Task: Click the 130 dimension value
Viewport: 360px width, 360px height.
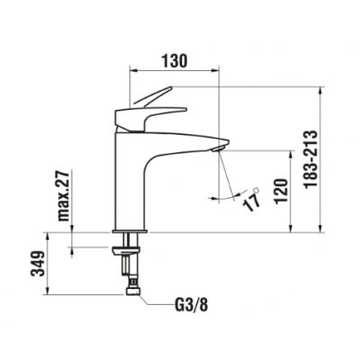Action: coord(175,60)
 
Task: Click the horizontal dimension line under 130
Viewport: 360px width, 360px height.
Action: coord(175,71)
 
